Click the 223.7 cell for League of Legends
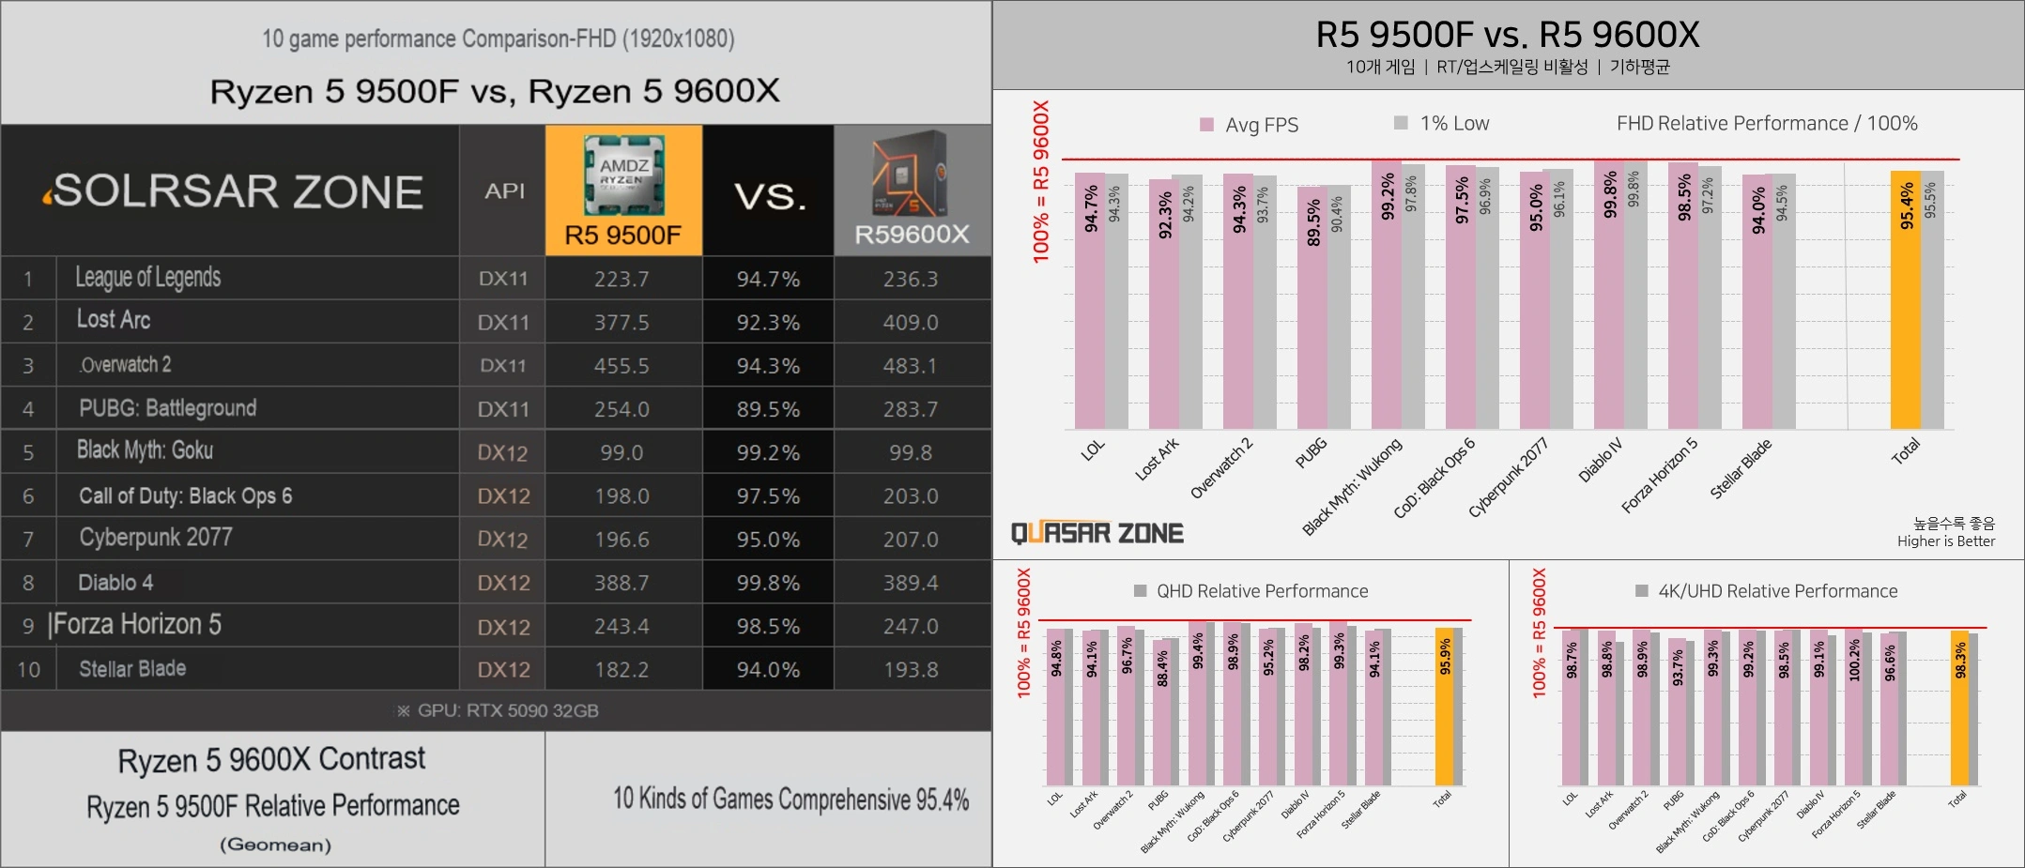pyautogui.click(x=621, y=280)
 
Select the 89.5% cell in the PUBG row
pyautogui.click(x=768, y=410)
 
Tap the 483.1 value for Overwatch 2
pyautogui.click(x=910, y=366)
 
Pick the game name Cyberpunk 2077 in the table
pyautogui.click(x=156, y=538)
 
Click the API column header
pyautogui.click(x=504, y=191)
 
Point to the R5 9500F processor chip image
pyautogui.click(x=623, y=174)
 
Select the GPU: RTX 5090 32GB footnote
pyautogui.click(x=498, y=711)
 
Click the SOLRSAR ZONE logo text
pyautogui.click(x=235, y=191)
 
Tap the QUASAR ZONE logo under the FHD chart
pyautogui.click(x=1097, y=534)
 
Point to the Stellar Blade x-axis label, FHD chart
pyautogui.click(x=1741, y=468)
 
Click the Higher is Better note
pyautogui.click(x=1945, y=541)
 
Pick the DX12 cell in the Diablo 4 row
pyautogui.click(x=503, y=584)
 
